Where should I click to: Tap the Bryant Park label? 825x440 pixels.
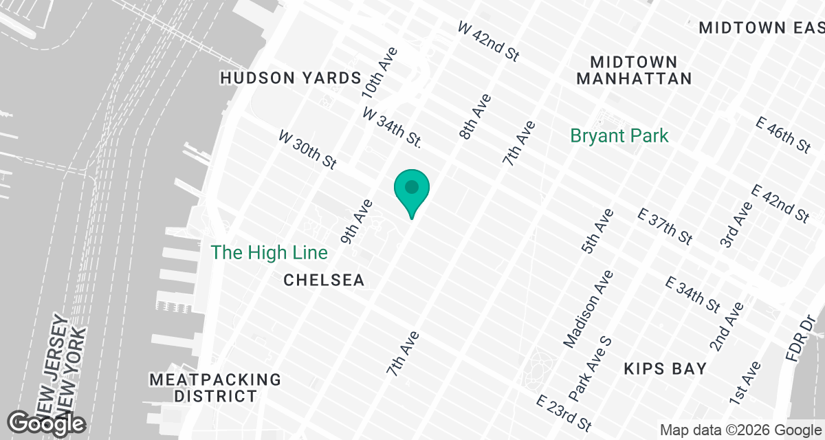(619, 135)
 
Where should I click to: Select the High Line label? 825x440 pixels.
(269, 252)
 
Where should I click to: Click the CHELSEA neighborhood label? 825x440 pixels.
(324, 280)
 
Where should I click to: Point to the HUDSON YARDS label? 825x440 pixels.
(291, 78)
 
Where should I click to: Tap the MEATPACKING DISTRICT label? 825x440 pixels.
(215, 388)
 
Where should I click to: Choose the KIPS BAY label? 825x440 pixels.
(665, 369)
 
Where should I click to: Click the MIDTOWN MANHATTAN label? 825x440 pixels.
(634, 71)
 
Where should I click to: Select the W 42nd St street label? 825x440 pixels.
(488, 41)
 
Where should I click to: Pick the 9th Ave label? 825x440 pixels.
(357, 221)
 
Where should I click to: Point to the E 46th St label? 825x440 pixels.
(782, 135)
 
